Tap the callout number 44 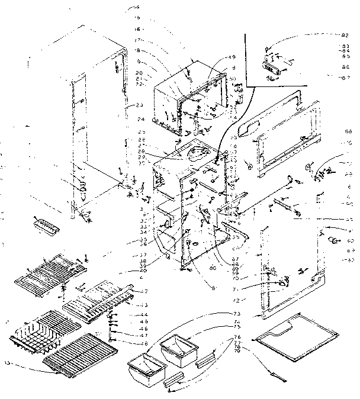click(142, 314)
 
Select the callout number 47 click(142, 335)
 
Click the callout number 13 click(8, 362)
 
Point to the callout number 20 click(139, 72)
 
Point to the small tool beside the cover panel click(278, 372)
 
